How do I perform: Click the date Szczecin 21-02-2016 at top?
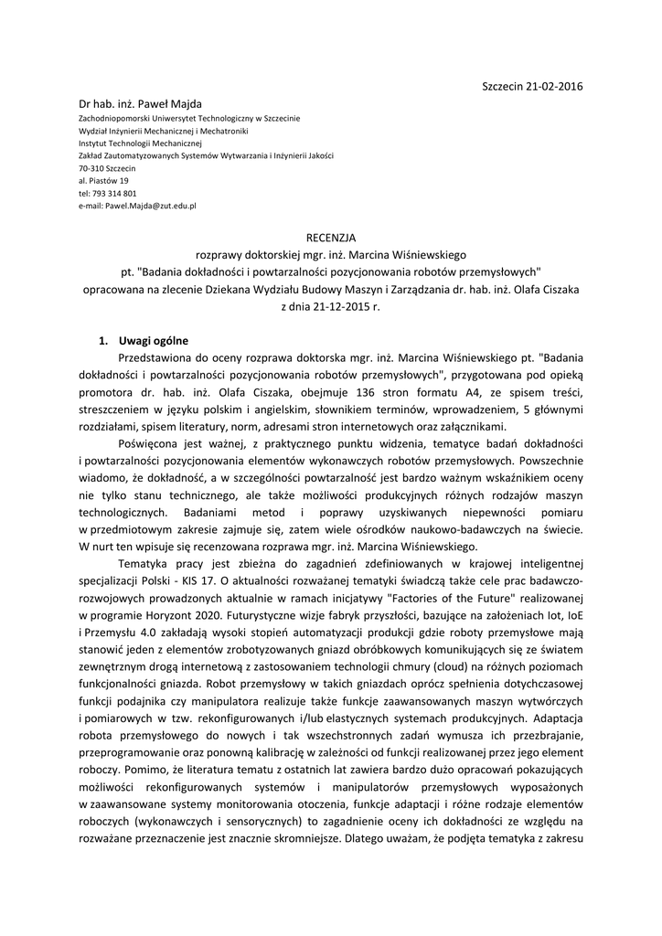tap(532, 86)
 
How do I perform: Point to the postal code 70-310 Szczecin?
tap(107, 169)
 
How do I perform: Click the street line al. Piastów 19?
tap(103, 181)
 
